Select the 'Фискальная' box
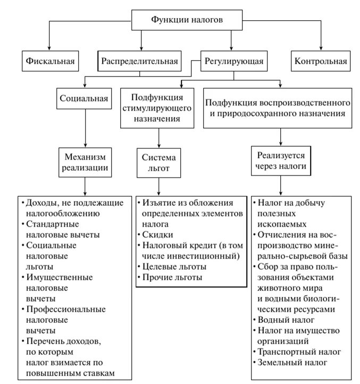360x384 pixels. click(x=51, y=61)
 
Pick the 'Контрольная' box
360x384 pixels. click(x=321, y=61)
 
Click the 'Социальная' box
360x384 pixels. click(x=83, y=98)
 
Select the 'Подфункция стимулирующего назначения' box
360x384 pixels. click(x=158, y=108)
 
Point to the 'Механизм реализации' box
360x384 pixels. click(x=85, y=162)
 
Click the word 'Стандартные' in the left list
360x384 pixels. click(x=51, y=224)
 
